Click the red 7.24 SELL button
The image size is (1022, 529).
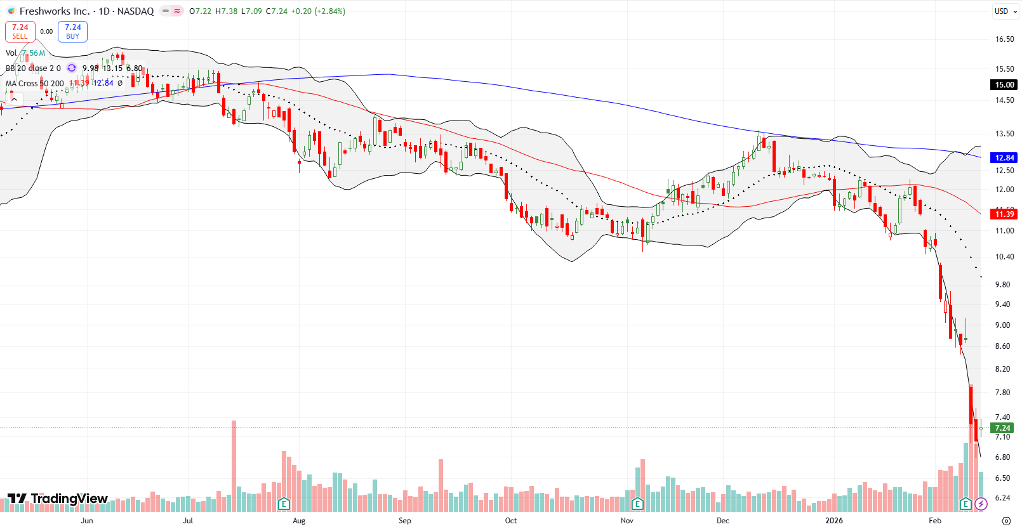[x=20, y=31]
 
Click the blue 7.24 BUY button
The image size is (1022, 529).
[x=72, y=31]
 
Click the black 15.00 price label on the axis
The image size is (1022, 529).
[x=1004, y=84]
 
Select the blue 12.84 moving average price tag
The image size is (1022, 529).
[x=1004, y=157]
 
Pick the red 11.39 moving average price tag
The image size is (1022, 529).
[x=1004, y=214]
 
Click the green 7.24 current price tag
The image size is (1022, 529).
[x=1002, y=428]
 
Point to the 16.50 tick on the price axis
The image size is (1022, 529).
[x=1004, y=39]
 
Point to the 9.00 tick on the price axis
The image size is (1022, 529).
[x=1002, y=325]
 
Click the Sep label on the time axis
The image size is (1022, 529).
[x=404, y=521]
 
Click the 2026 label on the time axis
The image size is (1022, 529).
[x=833, y=521]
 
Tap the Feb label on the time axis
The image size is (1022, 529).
[x=934, y=521]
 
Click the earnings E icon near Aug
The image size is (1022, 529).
[x=284, y=504]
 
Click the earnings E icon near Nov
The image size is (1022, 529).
[x=637, y=504]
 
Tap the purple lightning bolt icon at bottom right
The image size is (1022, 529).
[x=981, y=504]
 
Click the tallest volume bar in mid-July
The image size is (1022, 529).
[x=234, y=466]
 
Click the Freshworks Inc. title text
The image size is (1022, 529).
[x=55, y=11]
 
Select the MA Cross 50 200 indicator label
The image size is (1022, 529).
[x=35, y=83]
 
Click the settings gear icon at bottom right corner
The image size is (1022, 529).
[x=1005, y=521]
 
